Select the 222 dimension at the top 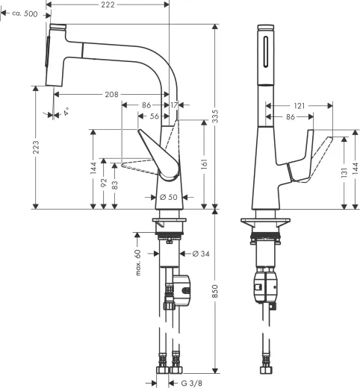(x=108, y=5)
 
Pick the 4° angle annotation (x=66, y=113)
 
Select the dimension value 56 (x=155, y=116)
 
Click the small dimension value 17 (x=174, y=106)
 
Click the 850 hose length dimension (x=216, y=293)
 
